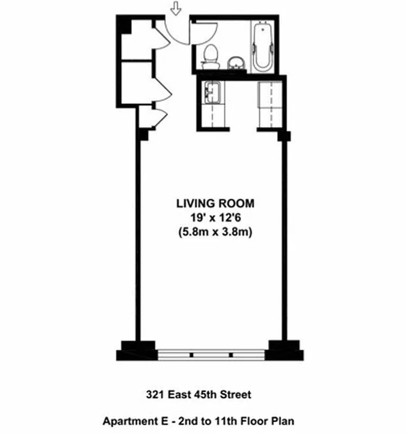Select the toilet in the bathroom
pyautogui.click(x=210, y=56)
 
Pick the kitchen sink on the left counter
pyautogui.click(x=211, y=92)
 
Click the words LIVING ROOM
pyautogui.click(x=215, y=204)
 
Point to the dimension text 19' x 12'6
pyautogui.click(x=215, y=218)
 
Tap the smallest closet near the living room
pyautogui.click(x=146, y=117)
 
